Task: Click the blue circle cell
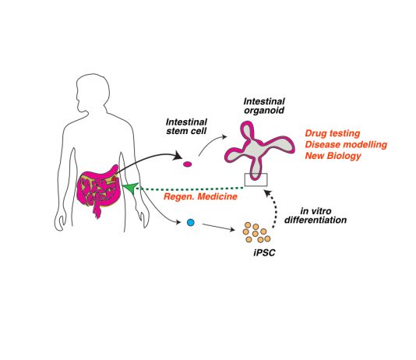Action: pyautogui.click(x=191, y=222)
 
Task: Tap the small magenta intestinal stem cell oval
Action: pyautogui.click(x=188, y=164)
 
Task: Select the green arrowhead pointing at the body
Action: pyautogui.click(x=130, y=188)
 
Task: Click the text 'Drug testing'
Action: pyautogui.click(x=333, y=133)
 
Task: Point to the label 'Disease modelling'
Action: pyautogui.click(x=346, y=145)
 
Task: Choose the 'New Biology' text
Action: pyautogui.click(x=333, y=156)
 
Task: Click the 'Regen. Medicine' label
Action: pyautogui.click(x=200, y=196)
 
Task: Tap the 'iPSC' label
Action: pyautogui.click(x=264, y=252)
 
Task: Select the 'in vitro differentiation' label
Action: pyautogui.click(x=316, y=215)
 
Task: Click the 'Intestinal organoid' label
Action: pyautogui.click(x=264, y=106)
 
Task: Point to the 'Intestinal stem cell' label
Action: pyautogui.click(x=186, y=126)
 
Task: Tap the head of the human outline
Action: pyautogui.click(x=93, y=91)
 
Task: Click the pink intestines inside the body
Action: pyautogui.click(x=98, y=189)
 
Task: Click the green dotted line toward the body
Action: pyautogui.click(x=191, y=189)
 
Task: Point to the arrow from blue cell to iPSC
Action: pyautogui.click(x=218, y=227)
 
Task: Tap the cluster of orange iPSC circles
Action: pyautogui.click(x=256, y=233)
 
